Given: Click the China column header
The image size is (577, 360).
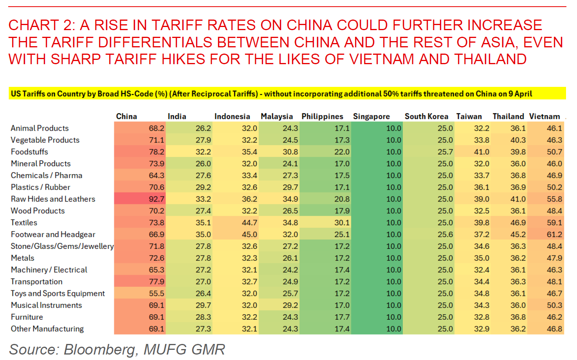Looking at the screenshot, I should [x=126, y=116].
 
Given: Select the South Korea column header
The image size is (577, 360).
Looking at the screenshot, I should [x=426, y=116].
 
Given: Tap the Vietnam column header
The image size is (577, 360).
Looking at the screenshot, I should [x=545, y=116].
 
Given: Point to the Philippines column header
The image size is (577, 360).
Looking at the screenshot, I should [x=322, y=116].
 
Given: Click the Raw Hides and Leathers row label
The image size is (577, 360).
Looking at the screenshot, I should [x=53, y=199].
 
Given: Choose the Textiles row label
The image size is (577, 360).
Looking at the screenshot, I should [x=24, y=222].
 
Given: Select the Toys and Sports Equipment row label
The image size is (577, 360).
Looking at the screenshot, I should [x=58, y=293].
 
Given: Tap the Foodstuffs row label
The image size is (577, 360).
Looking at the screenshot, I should [x=29, y=151].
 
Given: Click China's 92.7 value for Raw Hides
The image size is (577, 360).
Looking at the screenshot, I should [x=156, y=199].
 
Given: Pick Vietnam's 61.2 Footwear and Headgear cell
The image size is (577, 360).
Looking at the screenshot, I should [x=554, y=234].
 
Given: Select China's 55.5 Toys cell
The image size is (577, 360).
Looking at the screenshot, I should [x=156, y=293].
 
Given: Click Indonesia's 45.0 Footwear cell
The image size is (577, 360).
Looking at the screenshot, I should [x=249, y=234].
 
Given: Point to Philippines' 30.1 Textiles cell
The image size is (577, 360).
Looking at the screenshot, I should [x=342, y=222].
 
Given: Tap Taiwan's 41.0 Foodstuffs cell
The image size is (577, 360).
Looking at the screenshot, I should [x=481, y=151].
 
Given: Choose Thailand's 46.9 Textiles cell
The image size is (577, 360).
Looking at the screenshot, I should [x=518, y=222].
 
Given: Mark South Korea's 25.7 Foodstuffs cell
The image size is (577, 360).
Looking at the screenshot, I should [x=445, y=151].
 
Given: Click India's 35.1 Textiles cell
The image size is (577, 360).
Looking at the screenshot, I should [x=203, y=222].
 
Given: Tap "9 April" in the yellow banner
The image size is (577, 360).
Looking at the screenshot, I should [x=520, y=94].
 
